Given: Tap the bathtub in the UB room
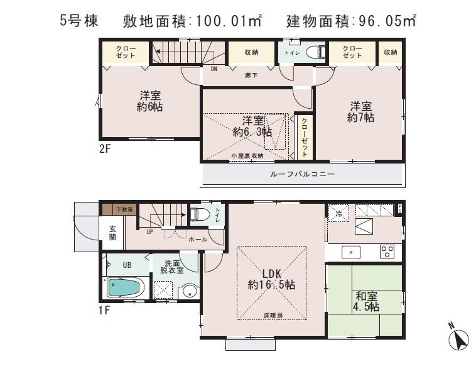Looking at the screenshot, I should pyautogui.click(x=126, y=288).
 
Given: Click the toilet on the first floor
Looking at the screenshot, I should pyautogui.click(x=199, y=214).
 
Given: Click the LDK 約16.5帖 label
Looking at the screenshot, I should pyautogui.click(x=271, y=279).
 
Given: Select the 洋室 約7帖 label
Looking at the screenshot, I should pyautogui.click(x=361, y=112).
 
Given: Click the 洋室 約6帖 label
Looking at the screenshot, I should pyautogui.click(x=150, y=102).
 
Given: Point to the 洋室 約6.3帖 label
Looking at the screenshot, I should pyautogui.click(x=252, y=126).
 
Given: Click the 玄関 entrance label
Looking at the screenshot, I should pyautogui.click(x=112, y=233).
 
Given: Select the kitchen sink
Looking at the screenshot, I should pyautogui.click(x=350, y=252).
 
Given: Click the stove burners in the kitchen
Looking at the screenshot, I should pyautogui.click(x=386, y=252).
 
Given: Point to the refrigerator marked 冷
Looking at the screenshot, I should pyautogui.click(x=337, y=213).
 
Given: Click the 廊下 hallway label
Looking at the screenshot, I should pyautogui.click(x=251, y=75).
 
